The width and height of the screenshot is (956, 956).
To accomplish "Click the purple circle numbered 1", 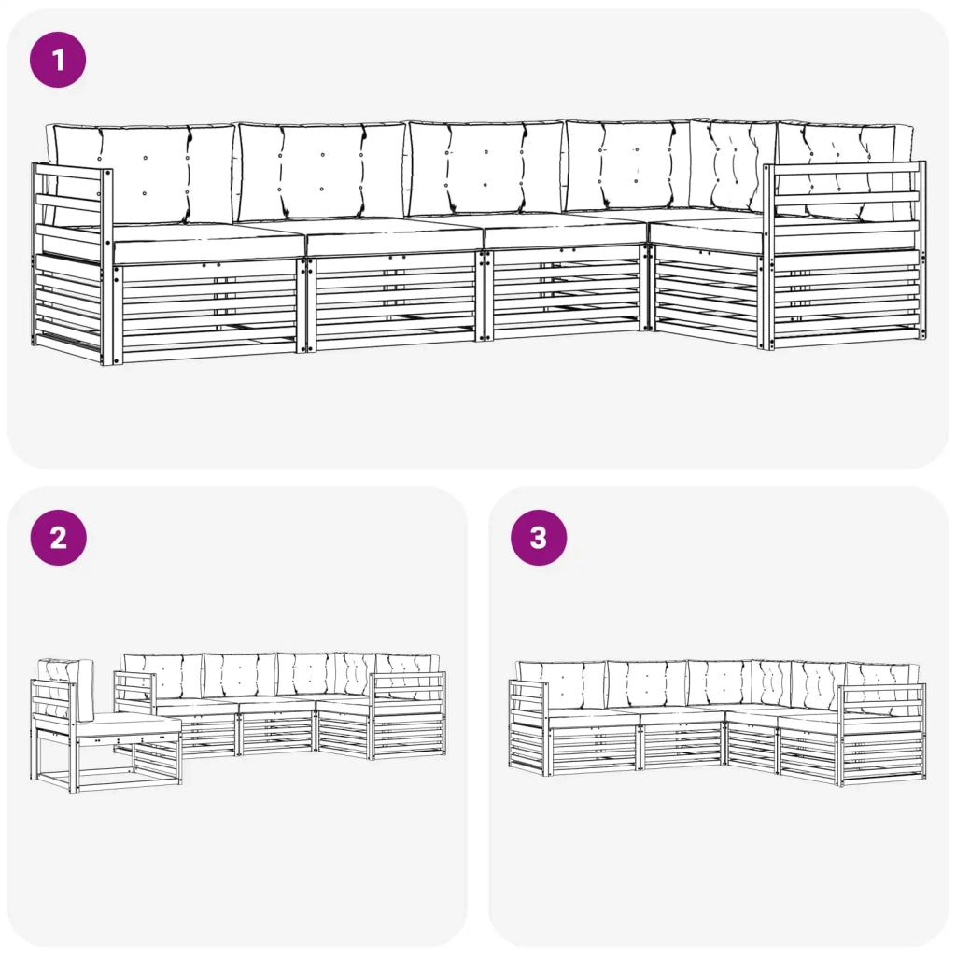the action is tap(58, 60).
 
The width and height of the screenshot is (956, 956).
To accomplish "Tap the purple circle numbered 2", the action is tap(58, 538).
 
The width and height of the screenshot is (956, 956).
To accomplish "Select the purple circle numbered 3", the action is tap(539, 538).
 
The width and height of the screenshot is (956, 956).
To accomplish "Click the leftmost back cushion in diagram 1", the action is tap(143, 174).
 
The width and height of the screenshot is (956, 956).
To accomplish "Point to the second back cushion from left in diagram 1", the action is tap(322, 172).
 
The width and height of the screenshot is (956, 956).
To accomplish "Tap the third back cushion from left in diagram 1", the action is tap(485, 169).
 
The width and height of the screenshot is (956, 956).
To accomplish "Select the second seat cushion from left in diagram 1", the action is tap(393, 235).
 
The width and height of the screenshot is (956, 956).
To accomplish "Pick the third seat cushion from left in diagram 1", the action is tap(564, 230).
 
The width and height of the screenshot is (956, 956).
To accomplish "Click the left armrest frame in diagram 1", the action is tap(70, 262).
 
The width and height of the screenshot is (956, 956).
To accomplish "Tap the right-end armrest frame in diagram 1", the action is tap(844, 255).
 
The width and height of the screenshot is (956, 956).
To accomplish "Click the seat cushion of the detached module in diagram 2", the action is tap(129, 726).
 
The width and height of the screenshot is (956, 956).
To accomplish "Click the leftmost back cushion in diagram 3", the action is tap(561, 686).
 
